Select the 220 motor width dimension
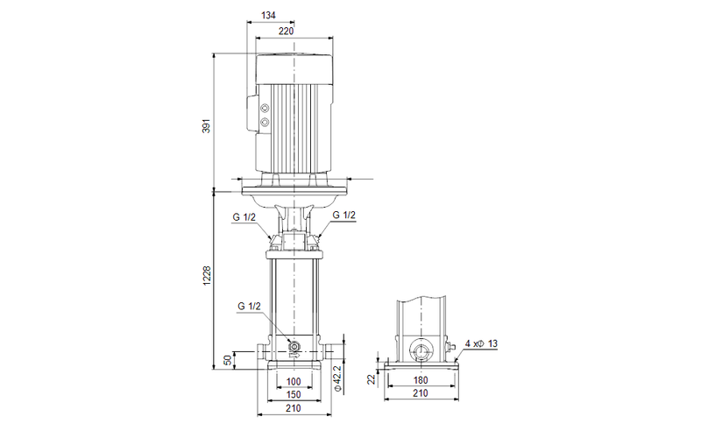coord(286,31)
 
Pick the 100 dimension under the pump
coord(294,382)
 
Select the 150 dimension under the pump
coord(294,395)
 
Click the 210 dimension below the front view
coord(294,408)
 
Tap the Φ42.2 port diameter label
coord(337,373)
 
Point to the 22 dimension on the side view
coord(372,378)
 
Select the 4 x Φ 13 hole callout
coord(485,344)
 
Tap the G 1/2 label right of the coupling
coord(343,215)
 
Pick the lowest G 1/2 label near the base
coord(250,307)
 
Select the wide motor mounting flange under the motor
coord(294,186)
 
